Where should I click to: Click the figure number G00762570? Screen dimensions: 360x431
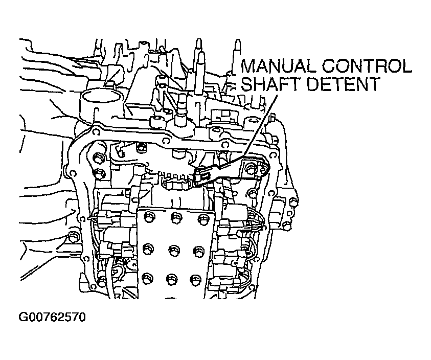[x=52, y=318]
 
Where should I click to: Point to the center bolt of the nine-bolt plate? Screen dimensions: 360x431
[x=173, y=250]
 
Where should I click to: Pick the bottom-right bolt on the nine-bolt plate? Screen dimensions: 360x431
[x=195, y=279]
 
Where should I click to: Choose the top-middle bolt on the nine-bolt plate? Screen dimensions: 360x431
[x=175, y=217]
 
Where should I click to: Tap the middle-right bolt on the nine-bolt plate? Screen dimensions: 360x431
[x=197, y=250]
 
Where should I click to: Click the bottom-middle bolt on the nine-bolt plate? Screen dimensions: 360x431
[x=171, y=279]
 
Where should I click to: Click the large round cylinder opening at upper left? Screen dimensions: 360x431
[x=99, y=96]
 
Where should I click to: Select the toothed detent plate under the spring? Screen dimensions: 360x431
[x=176, y=182]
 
